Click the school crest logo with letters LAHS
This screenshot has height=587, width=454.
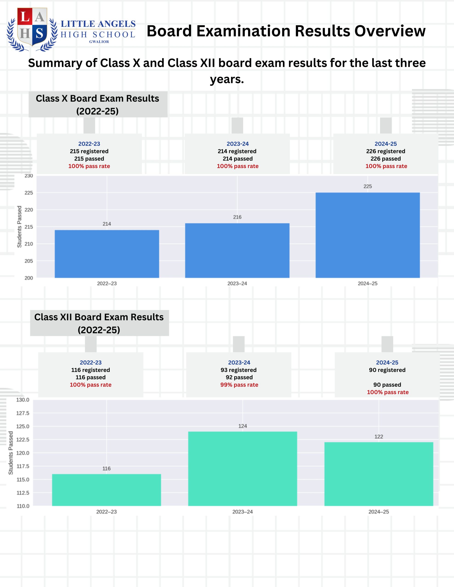32,30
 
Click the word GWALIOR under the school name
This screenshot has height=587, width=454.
99,42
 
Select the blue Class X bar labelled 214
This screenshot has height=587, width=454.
107,254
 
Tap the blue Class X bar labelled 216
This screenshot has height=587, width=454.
237,250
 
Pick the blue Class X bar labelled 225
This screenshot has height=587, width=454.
368,235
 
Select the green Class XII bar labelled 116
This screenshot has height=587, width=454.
106,490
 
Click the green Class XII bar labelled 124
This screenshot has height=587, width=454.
242,469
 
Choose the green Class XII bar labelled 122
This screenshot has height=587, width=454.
379,474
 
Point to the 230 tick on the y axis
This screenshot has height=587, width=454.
29,176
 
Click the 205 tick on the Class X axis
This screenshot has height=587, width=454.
29,261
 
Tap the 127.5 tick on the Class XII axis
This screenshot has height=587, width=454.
23,413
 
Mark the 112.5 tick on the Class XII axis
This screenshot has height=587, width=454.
23,493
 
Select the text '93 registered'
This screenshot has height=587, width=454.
239,370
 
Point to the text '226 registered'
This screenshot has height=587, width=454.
386,151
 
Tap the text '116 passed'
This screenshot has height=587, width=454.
91,377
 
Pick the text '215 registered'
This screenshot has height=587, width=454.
89,151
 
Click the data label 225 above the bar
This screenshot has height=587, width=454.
368,186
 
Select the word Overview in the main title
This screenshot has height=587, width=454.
390,31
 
